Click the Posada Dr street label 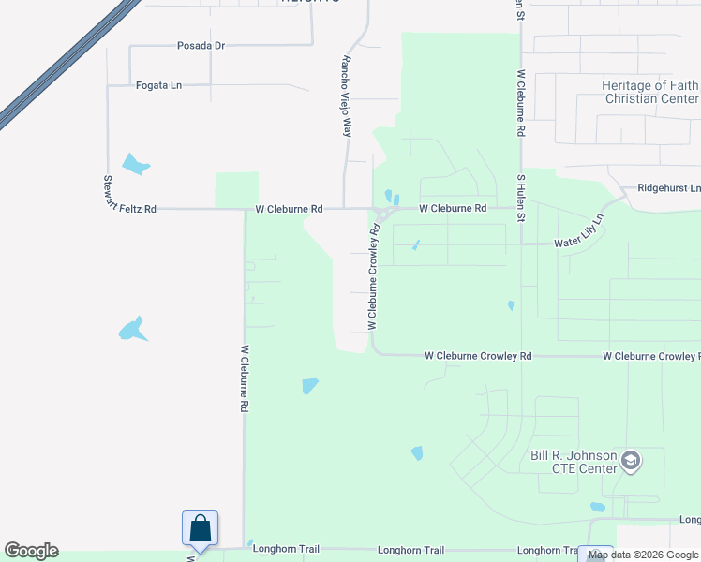201,45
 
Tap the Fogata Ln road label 158,85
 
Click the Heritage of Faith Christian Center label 649,92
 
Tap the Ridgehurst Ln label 668,187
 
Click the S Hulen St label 520,196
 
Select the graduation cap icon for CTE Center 631,461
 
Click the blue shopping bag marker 201,528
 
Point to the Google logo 31,551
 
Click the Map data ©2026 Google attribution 643,555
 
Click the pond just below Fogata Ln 136,165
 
